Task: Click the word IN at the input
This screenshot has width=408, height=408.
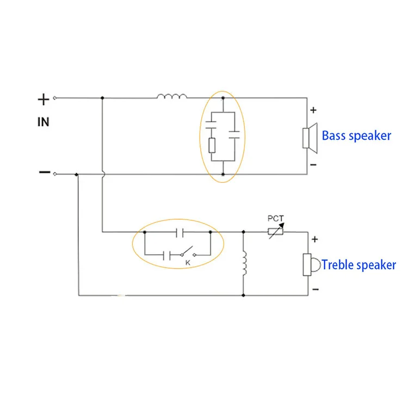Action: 43,122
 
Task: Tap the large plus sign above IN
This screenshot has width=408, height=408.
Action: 44,100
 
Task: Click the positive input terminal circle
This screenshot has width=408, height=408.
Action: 54,98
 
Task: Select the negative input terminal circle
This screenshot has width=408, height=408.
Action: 54,174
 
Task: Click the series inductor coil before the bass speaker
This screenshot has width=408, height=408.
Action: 172,96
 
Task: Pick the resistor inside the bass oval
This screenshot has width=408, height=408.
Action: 212,145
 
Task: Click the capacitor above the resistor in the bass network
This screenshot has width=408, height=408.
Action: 211,125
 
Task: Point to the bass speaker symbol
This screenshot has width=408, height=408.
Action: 310,138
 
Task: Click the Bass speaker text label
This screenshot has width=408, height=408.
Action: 356,136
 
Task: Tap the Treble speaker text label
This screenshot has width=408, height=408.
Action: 359,265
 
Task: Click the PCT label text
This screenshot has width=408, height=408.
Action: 276,218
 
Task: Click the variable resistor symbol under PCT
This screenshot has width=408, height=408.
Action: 276,231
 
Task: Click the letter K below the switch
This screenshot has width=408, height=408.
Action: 188,263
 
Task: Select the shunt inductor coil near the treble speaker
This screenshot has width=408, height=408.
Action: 244,263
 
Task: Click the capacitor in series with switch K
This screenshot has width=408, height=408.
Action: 166,255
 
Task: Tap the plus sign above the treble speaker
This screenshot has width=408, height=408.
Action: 314,239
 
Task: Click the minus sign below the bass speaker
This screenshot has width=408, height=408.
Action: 313,165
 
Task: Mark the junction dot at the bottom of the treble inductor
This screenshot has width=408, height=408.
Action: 243,295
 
